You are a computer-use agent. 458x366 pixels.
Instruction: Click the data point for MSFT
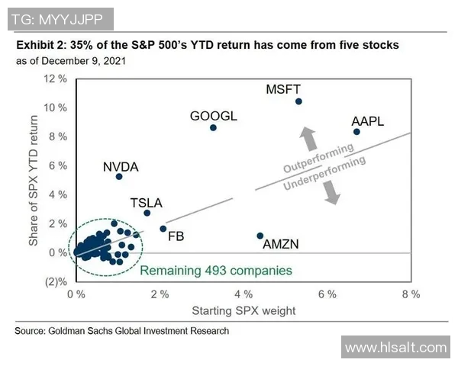298,101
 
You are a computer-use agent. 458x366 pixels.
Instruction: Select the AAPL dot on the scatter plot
356,132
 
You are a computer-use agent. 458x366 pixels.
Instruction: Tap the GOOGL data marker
213,127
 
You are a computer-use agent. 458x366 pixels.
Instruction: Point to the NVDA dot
119,176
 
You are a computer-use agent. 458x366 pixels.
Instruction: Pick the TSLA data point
147,213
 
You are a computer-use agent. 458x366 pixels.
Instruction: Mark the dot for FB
163,229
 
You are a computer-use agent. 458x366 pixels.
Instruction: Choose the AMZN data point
260,236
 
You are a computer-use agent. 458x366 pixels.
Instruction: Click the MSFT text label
284,89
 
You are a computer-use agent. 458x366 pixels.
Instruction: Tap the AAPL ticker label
367,121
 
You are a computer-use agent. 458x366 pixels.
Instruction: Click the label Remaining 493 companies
215,271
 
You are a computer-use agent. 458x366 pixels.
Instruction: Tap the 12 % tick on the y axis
55,79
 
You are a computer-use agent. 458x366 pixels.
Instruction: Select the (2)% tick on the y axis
56,281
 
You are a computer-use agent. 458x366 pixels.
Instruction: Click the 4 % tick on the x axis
243,294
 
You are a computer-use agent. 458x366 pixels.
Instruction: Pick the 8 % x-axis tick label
411,294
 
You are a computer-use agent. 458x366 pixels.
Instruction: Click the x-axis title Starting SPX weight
243,310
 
